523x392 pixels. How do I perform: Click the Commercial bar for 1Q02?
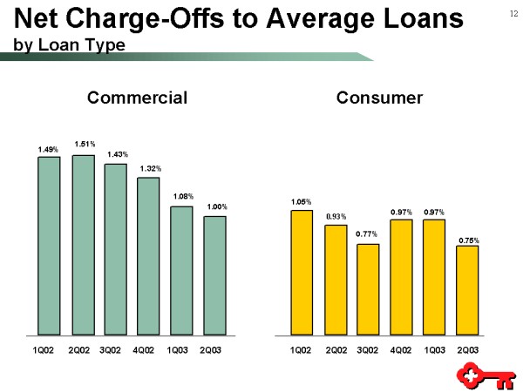click(x=49, y=246)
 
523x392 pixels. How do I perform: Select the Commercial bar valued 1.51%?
click(x=84, y=245)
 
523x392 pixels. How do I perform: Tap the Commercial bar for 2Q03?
click(x=214, y=275)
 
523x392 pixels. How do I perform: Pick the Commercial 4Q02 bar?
click(x=149, y=256)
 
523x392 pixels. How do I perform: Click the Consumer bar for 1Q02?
click(x=302, y=272)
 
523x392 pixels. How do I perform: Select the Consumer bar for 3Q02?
click(x=368, y=289)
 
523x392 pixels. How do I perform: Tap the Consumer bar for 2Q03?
click(x=467, y=290)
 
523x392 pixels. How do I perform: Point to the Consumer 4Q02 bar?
click(x=401, y=277)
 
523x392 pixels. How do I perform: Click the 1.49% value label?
click(x=48, y=149)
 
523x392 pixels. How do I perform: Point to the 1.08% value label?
click(x=183, y=196)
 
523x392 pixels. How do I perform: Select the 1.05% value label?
click(x=302, y=201)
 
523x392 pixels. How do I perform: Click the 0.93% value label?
click(x=336, y=215)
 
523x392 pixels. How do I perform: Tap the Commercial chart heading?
click(x=138, y=98)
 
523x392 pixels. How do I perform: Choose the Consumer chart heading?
click(x=380, y=98)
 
